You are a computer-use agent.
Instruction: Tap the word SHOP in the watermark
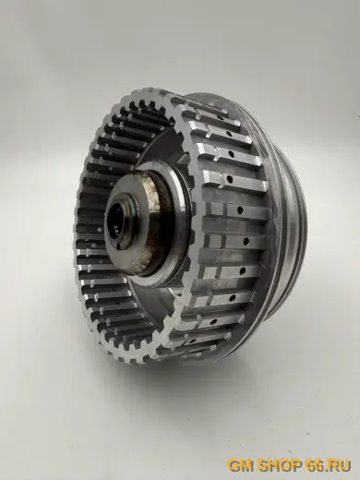[x=279, y=464]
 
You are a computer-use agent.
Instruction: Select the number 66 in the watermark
[x=314, y=464]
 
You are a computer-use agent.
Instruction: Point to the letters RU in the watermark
[x=340, y=464]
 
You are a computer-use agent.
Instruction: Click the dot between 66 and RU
[x=327, y=469]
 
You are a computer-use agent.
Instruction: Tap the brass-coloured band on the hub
[x=154, y=222]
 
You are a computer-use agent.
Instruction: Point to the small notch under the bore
[x=118, y=246]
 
